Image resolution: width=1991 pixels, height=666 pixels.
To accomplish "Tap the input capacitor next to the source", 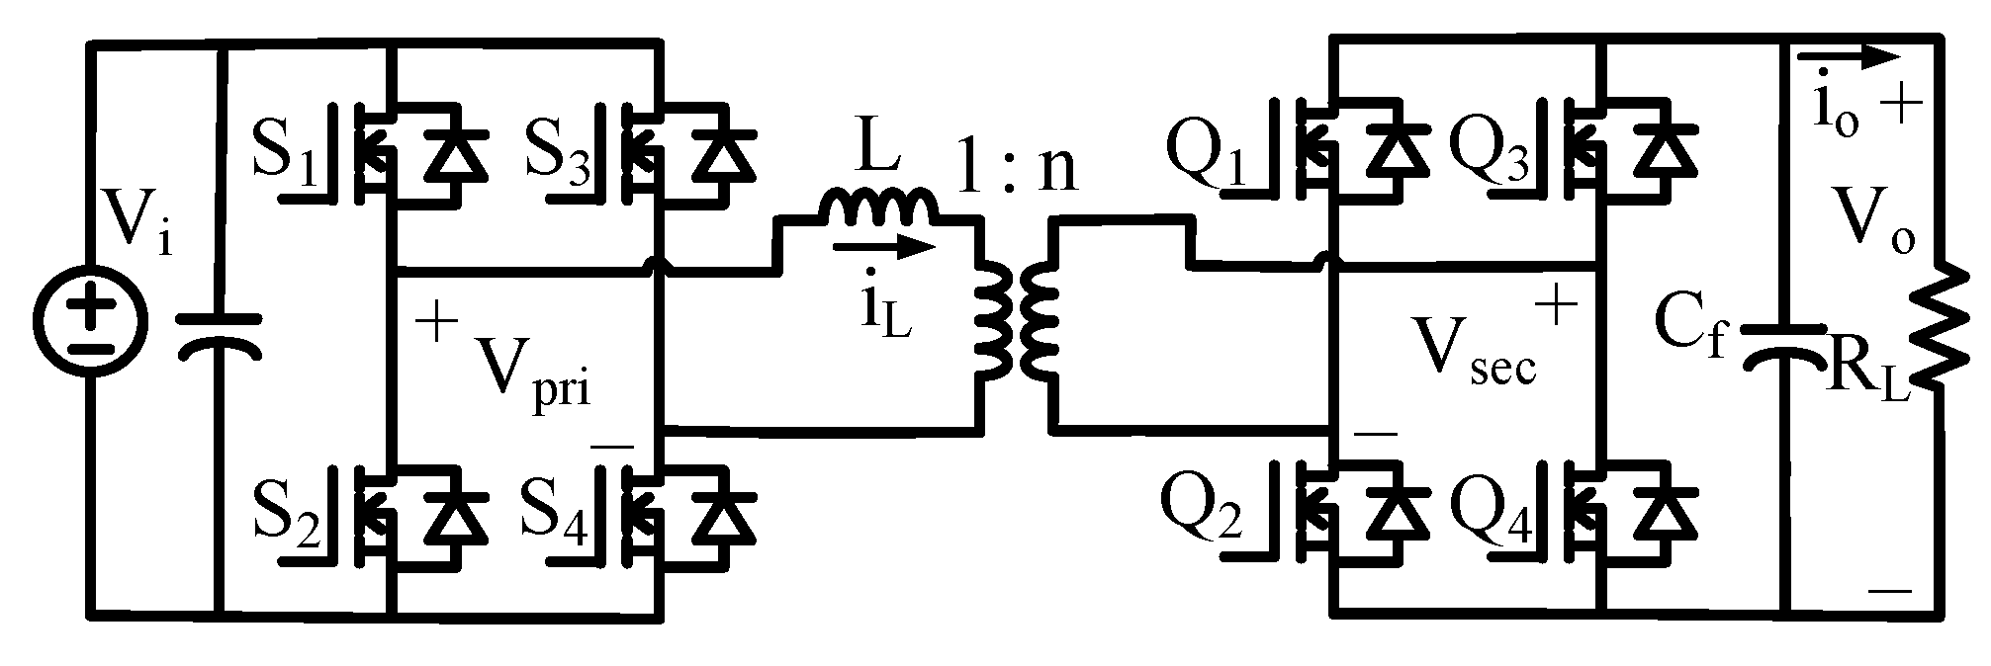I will click(x=219, y=334).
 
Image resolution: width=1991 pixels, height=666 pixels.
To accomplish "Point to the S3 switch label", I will click(x=559, y=152).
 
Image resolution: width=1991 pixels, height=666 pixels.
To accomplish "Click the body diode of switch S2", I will click(x=456, y=518).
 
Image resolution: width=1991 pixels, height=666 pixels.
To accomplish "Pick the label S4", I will click(x=559, y=511).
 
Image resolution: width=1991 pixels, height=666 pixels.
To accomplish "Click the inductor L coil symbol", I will click(x=877, y=208).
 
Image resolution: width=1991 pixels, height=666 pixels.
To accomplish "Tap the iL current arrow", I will click(x=882, y=248).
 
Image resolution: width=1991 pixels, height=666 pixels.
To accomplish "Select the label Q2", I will click(x=1200, y=511).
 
